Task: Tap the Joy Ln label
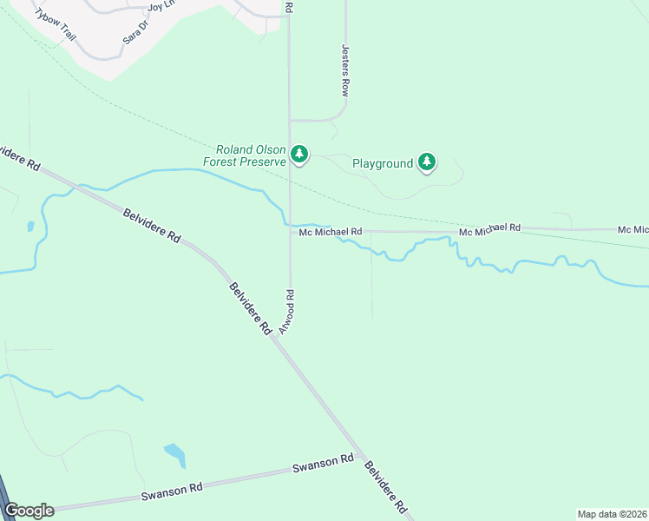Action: (162, 6)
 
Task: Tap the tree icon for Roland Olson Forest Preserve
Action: (299, 155)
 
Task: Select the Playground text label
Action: (382, 162)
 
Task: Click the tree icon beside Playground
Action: (426, 162)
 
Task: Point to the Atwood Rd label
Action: (287, 312)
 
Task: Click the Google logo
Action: (29, 511)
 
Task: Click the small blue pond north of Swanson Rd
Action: (174, 454)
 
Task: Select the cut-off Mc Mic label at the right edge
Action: (633, 229)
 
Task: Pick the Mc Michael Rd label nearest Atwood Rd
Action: (330, 232)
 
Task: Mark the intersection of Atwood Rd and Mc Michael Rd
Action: (290, 231)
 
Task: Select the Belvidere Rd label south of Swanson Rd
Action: (385, 486)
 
